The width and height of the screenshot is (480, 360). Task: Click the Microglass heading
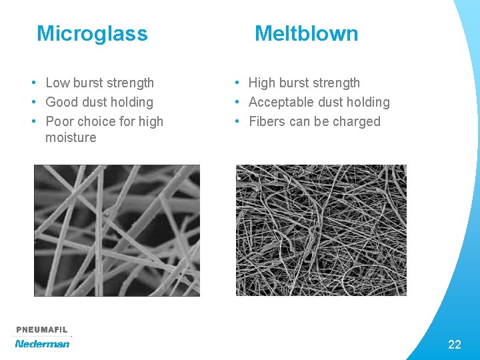[x=92, y=33]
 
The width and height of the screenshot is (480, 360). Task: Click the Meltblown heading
[x=306, y=33]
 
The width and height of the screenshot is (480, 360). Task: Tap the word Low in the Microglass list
[x=57, y=83]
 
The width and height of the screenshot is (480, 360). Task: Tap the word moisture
[x=71, y=138]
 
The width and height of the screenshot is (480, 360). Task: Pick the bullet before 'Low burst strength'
[x=33, y=83]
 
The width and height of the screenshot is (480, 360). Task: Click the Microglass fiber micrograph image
[x=117, y=230]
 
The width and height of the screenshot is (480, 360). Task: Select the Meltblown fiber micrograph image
[x=321, y=230]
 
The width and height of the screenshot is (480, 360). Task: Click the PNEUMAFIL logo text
[x=42, y=330]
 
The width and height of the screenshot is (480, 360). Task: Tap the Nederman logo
[x=42, y=344]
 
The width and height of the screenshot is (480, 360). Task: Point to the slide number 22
[x=455, y=345]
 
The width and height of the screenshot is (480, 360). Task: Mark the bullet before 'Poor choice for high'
[x=33, y=121]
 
